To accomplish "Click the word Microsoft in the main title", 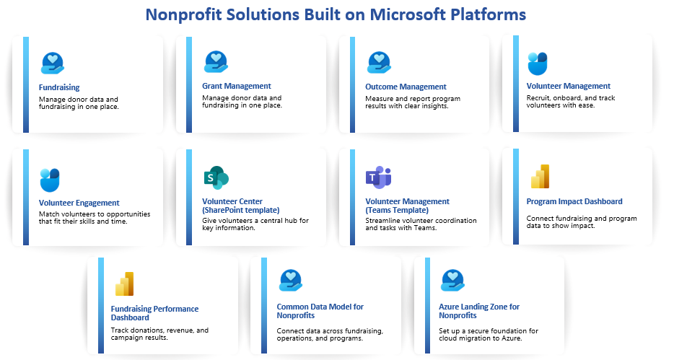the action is tap(408, 14).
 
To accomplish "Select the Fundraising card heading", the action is tap(59, 87).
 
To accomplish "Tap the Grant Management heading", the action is tap(237, 86).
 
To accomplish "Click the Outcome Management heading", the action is tap(406, 87).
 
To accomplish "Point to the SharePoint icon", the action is tap(216, 178).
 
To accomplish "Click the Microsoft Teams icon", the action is tap(379, 177).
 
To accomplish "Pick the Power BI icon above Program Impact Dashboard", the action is tap(540, 176).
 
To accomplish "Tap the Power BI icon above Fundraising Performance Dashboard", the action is tap(125, 284).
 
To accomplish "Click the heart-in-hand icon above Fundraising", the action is tap(53, 63).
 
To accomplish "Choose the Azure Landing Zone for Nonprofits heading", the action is tap(479, 311).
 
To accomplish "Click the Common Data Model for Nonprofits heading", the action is tap(320, 311).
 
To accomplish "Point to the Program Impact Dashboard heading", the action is tap(574, 201).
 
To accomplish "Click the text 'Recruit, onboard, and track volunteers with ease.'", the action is tap(570, 102).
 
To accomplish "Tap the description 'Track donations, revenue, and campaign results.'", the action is tap(159, 334).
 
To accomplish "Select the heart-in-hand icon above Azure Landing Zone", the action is tap(452, 280).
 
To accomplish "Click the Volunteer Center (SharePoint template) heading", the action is tap(241, 206).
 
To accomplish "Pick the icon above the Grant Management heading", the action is tap(216, 62).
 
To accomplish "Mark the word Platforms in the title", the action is tap(489, 14).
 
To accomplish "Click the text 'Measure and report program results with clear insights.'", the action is tap(413, 102).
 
